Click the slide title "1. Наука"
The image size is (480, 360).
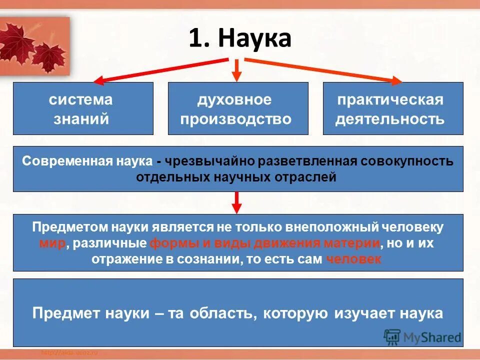(x=240, y=39)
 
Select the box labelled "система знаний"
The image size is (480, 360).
(x=83, y=108)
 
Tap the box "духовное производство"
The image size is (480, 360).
(x=237, y=108)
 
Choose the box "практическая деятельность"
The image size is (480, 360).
(x=393, y=108)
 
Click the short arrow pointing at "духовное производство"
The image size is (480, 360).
(x=237, y=69)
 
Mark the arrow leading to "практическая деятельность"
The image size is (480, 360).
(x=325, y=69)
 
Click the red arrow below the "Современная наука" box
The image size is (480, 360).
(x=237, y=202)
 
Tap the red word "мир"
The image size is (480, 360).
(x=51, y=243)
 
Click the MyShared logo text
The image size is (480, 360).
(x=432, y=337)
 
